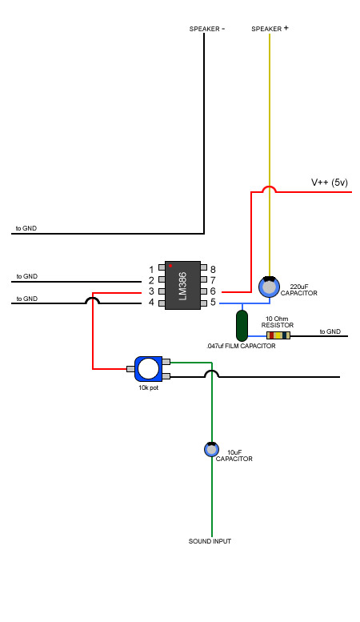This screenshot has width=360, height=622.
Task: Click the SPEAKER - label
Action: pos(207,29)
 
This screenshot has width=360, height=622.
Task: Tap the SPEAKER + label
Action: pos(270,29)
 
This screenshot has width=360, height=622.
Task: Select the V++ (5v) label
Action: pos(330,183)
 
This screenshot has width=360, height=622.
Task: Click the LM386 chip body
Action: pos(182,285)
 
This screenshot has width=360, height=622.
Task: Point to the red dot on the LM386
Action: pos(170,266)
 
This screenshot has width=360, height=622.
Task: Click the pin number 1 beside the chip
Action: pos(151,270)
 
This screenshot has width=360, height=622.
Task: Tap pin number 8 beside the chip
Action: pos(213,270)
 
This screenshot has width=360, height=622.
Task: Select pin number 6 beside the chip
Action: pos(213,291)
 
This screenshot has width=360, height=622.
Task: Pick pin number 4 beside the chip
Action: pos(151,303)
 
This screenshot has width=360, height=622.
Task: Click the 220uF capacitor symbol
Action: pos(270,287)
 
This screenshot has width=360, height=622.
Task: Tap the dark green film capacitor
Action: pos(242,326)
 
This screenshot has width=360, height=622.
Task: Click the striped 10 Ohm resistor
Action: pos(278,335)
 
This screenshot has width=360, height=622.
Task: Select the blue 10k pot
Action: pos(149,369)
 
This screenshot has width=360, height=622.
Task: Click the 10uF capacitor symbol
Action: pos(211,449)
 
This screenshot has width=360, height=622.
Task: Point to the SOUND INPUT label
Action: pos(210,541)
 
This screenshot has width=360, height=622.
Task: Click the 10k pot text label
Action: pos(148,387)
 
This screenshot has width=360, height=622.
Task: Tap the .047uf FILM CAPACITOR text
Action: pos(241,346)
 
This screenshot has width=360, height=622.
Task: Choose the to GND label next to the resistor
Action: pos(330,331)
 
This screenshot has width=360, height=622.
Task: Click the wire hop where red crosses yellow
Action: pos(270,189)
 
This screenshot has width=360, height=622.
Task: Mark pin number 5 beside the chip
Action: pos(213,303)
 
